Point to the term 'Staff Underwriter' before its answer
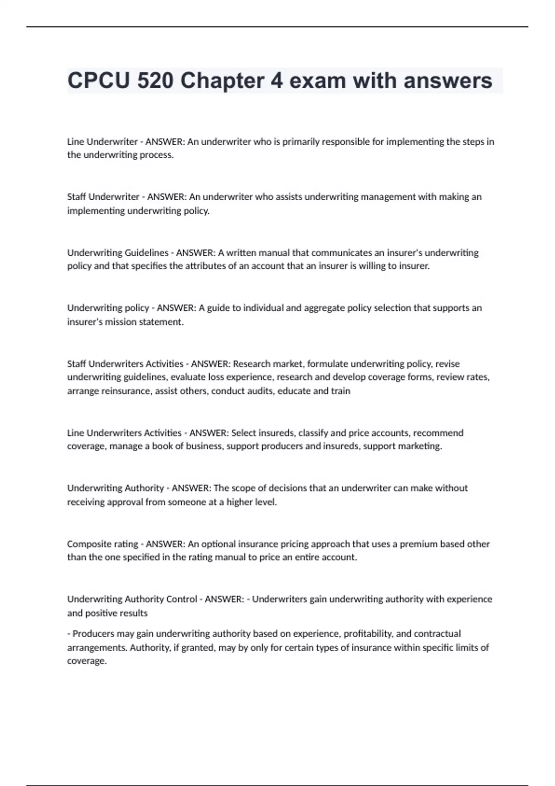(x=103, y=196)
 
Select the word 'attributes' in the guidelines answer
(x=205, y=266)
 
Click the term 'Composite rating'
(x=103, y=544)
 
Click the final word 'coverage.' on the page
(x=87, y=661)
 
